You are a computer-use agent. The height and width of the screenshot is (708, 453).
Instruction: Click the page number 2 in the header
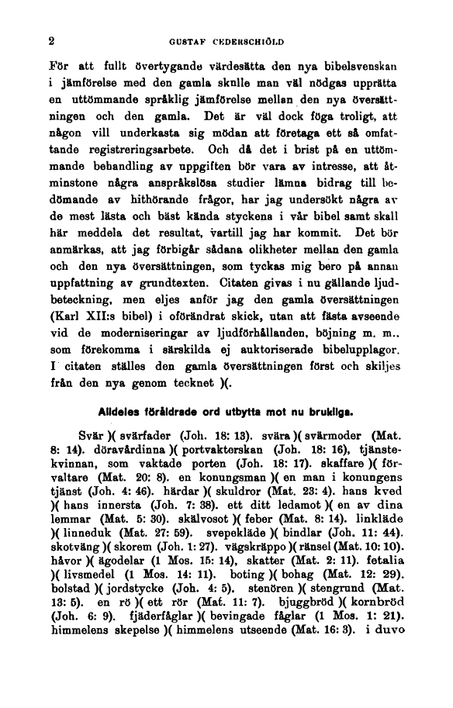click(x=51, y=43)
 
